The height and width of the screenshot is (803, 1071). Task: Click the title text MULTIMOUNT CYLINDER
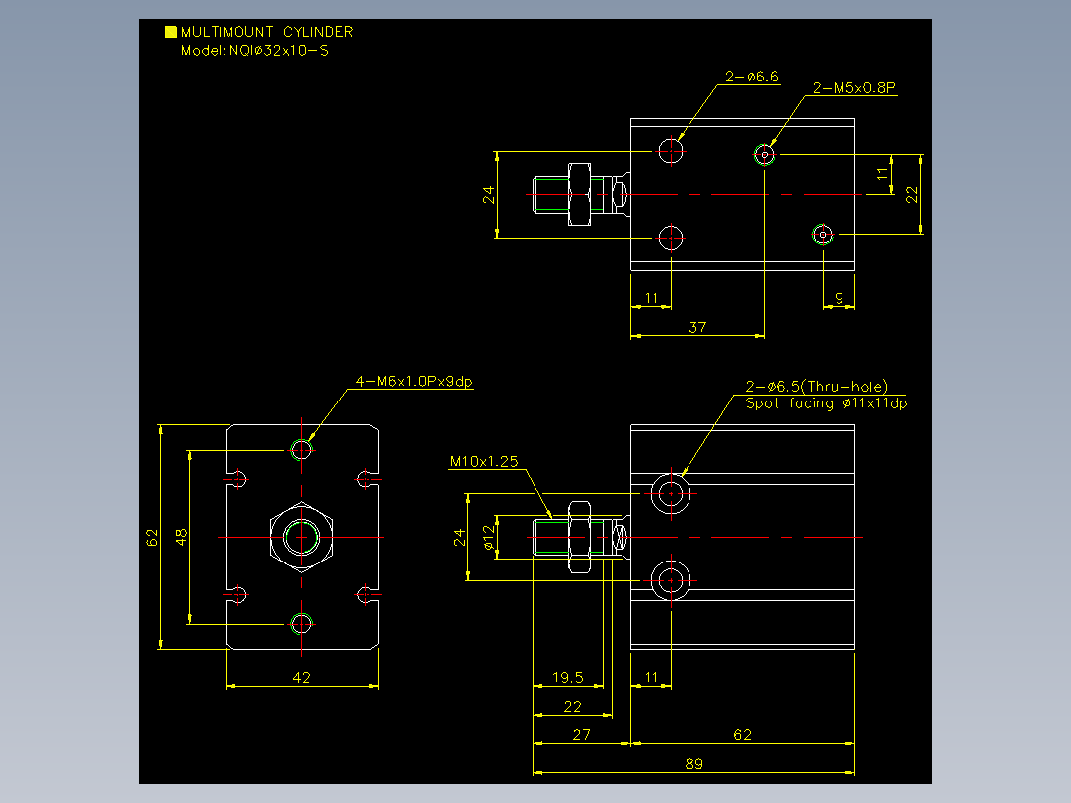(266, 32)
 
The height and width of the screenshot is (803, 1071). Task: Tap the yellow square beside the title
(171, 32)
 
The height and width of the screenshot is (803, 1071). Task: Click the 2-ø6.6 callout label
(751, 77)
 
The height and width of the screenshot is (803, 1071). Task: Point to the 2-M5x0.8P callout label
(853, 88)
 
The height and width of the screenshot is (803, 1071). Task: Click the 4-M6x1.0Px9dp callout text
(414, 382)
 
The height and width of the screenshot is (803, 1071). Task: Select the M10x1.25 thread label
(484, 462)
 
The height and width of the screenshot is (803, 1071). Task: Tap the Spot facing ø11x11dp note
(827, 403)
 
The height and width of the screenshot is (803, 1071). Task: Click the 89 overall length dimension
(693, 764)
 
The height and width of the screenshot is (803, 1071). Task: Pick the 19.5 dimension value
(568, 677)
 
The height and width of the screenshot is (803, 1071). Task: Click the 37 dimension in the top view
(697, 327)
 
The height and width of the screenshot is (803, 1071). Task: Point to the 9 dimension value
(839, 298)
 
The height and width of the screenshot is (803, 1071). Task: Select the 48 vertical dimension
(181, 537)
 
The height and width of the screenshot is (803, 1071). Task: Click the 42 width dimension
(301, 677)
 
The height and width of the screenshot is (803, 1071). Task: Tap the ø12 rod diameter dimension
(489, 538)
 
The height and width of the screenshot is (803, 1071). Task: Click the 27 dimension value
(582, 735)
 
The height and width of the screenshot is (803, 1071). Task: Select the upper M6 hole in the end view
(301, 450)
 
